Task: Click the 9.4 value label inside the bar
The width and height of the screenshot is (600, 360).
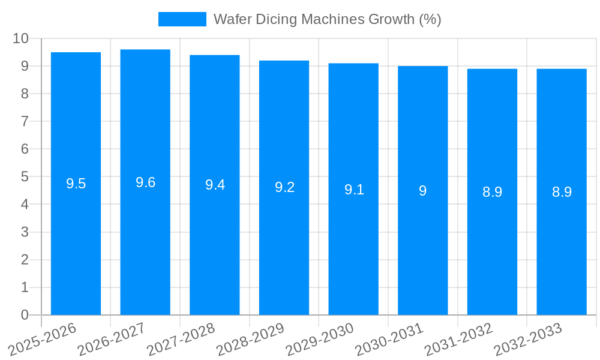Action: [215, 185]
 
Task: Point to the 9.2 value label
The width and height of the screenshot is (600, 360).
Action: [284, 187]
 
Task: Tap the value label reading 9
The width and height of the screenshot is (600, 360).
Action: [422, 191]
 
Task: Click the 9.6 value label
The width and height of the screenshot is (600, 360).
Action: [145, 182]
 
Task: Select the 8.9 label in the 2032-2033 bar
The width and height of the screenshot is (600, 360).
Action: [562, 192]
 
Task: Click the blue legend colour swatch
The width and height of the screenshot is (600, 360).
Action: [182, 19]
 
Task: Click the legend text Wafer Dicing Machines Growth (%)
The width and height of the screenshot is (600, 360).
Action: [327, 19]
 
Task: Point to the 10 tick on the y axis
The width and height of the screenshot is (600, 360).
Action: [20, 38]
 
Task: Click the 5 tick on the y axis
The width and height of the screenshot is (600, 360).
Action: [25, 177]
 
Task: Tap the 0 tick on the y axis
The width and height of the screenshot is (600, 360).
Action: [25, 315]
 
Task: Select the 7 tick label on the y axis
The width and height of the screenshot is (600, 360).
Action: [25, 121]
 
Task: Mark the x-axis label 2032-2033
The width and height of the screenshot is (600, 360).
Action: [528, 339]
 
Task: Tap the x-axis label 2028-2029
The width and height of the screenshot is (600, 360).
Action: [250, 339]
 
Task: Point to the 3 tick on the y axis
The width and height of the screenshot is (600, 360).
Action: [25, 232]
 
